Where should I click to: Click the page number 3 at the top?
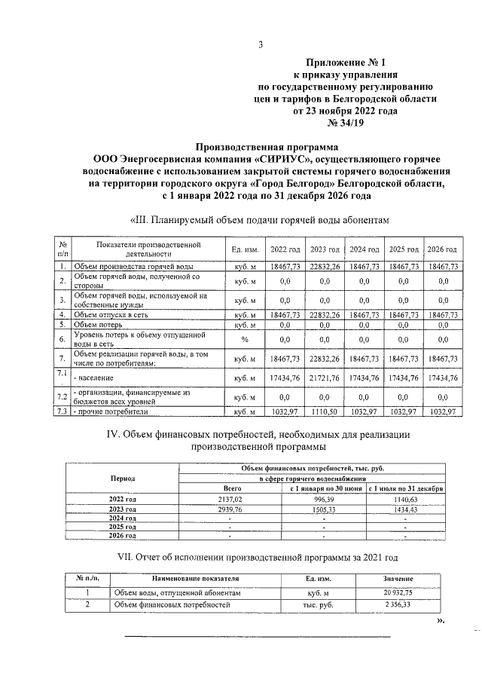point(260,43)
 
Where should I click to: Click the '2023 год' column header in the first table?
point(325,249)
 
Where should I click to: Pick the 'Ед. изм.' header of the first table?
point(246,249)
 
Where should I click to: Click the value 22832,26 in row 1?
point(325,267)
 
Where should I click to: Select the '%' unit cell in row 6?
point(246,339)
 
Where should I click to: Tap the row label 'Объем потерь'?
point(102,324)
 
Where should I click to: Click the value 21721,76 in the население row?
point(325,377)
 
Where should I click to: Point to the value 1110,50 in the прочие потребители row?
point(325,412)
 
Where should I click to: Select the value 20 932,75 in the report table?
point(397,593)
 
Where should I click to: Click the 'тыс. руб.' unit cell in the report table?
point(309,604)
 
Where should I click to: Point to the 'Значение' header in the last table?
point(397,578)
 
